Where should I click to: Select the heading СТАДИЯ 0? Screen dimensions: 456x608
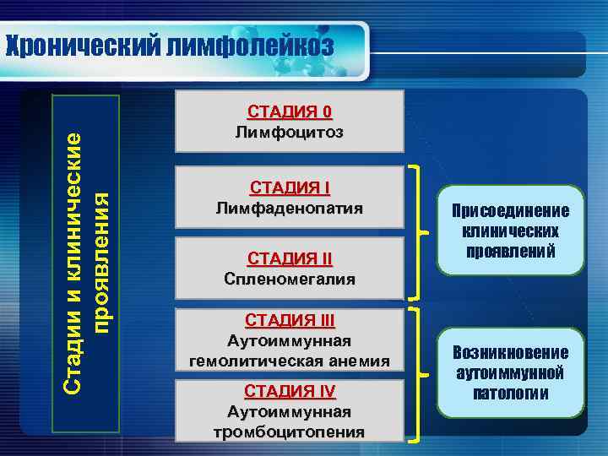(290, 112)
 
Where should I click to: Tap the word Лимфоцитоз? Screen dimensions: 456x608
(290, 133)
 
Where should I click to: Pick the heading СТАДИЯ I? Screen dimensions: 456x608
(290, 187)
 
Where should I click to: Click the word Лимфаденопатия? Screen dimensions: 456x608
(290, 208)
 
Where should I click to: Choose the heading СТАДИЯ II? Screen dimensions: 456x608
(290, 258)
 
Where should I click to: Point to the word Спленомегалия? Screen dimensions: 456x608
(290, 278)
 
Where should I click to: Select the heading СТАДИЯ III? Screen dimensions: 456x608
(290, 320)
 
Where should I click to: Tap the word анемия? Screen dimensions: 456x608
(361, 361)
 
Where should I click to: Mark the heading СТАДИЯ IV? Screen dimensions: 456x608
(290, 391)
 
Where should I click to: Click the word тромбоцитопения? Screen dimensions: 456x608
(290, 432)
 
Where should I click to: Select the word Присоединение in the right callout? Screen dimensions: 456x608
(510, 211)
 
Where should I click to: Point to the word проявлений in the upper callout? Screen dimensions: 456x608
(510, 251)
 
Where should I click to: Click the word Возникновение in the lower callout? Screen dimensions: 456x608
(510, 352)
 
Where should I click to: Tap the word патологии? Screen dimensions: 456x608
(510, 393)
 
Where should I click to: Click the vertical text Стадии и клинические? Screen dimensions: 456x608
(74, 262)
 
